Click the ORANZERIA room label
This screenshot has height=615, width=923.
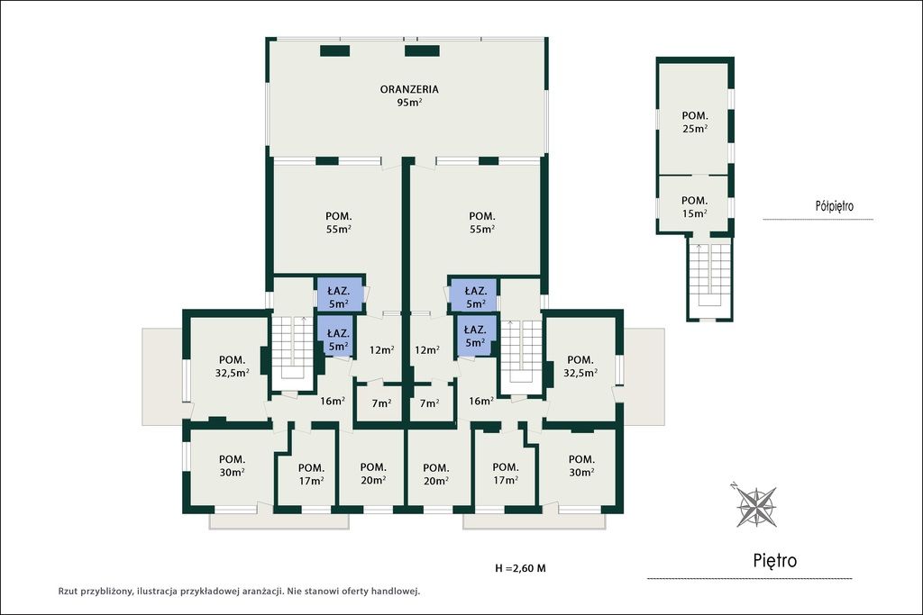(409, 89)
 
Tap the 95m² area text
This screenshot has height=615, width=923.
(409, 103)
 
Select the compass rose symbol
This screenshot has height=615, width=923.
(756, 506)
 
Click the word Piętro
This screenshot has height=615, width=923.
(774, 560)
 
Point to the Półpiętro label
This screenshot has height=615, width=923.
(834, 206)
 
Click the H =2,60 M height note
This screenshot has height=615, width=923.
(520, 568)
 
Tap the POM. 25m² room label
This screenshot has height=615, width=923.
(695, 122)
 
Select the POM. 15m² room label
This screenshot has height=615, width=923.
(695, 207)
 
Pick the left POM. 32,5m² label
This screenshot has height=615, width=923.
(232, 366)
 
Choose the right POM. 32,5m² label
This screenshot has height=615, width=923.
(580, 366)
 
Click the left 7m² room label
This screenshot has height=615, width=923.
(381, 403)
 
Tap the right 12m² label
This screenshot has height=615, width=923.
(426, 350)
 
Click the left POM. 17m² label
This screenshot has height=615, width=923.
(311, 474)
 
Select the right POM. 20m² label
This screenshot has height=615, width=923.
(435, 474)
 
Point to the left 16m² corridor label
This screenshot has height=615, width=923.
(333, 402)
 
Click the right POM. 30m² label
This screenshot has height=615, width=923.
(581, 466)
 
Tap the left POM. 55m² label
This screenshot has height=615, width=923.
(339, 222)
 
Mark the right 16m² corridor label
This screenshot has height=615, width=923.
(481, 402)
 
